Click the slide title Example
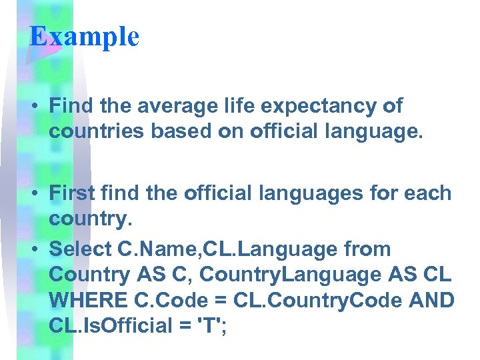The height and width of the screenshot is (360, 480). tap(84, 36)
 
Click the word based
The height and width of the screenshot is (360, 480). tap(195, 131)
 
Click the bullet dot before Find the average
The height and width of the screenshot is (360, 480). tap(37, 107)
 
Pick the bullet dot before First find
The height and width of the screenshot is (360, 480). tap(37, 194)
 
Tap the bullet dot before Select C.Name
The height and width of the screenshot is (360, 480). tap(37, 249)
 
